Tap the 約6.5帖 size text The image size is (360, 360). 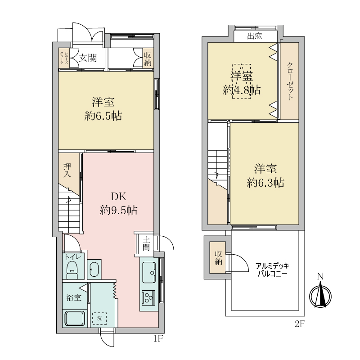tap(103, 117)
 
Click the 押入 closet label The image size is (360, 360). tap(67, 170)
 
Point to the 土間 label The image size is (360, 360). tap(146, 243)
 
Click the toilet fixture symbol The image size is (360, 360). tap(72, 270)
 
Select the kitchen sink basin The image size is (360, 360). tap(149, 271)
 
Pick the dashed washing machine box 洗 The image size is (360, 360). tap(100, 318)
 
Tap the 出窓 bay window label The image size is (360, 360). tap(255, 36)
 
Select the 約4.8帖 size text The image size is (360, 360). tap(242, 90)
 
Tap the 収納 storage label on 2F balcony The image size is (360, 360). tap(219, 256)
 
